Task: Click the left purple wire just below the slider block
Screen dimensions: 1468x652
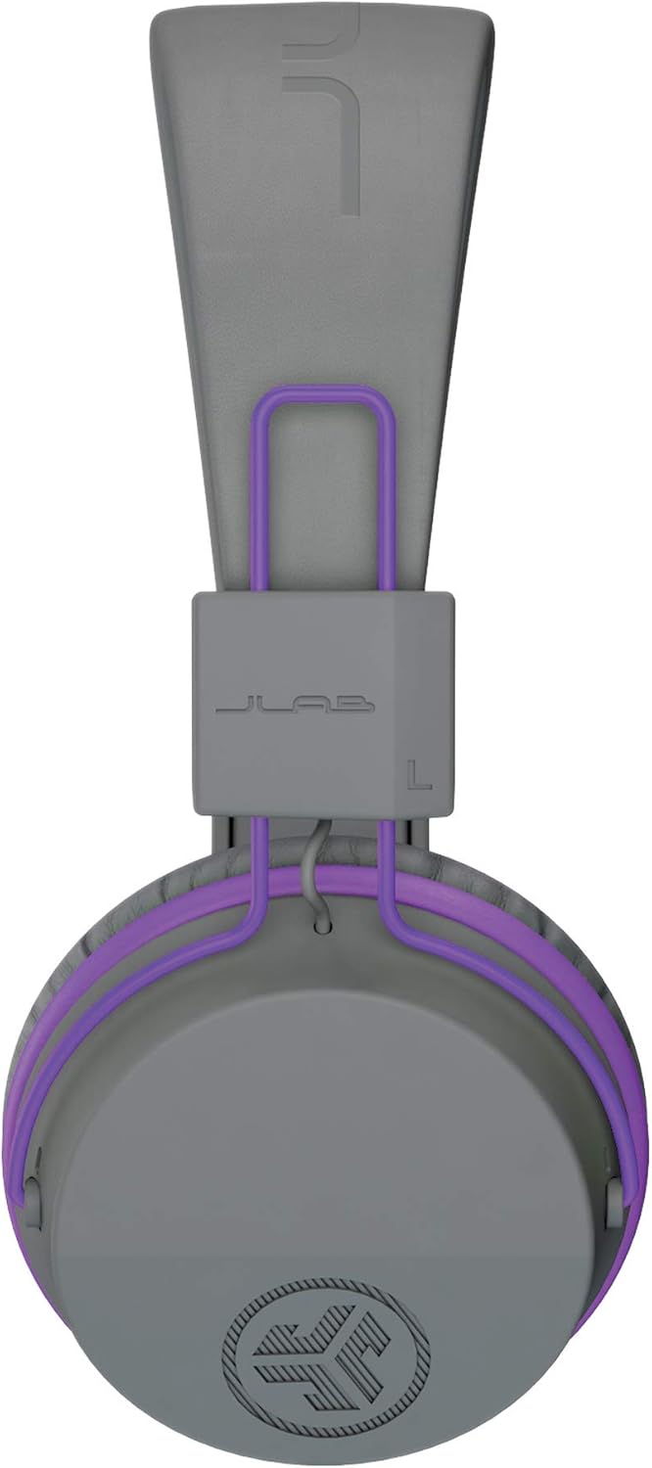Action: pos(260,851)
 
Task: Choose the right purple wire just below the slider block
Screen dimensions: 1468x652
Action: pos(389,851)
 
